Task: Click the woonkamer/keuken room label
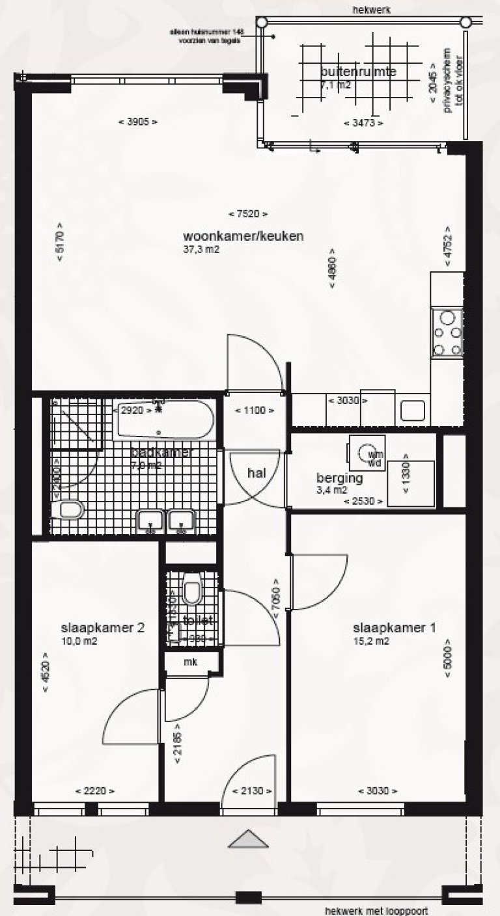point(243,236)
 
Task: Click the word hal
point(257,473)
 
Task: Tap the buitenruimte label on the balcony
point(359,72)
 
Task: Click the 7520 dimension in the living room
point(248,214)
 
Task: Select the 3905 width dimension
point(137,122)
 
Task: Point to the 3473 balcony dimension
point(363,122)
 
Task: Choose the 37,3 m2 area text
point(201,249)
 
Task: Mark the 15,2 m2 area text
point(370,641)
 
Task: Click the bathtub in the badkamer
point(164,421)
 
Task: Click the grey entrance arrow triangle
point(248,839)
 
